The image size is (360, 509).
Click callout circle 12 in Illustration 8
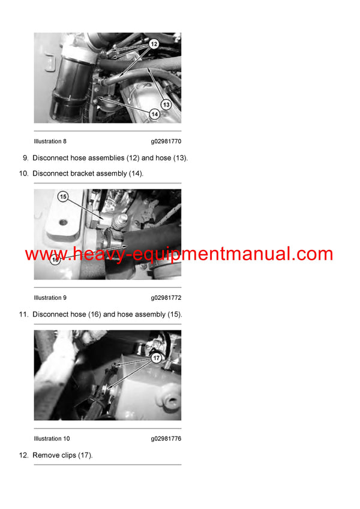(x=154, y=44)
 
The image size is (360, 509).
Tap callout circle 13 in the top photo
(x=166, y=104)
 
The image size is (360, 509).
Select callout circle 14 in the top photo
(x=154, y=113)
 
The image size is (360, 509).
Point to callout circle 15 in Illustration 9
(x=63, y=197)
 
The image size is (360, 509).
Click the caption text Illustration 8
(x=50, y=141)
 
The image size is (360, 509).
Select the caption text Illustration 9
(x=50, y=297)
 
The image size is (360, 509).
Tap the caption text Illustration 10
(x=52, y=439)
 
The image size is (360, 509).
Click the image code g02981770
(x=166, y=141)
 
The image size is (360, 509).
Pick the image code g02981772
(x=166, y=297)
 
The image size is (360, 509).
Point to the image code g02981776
(x=166, y=439)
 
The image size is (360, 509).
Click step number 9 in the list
(x=25, y=158)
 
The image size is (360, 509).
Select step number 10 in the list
(x=23, y=173)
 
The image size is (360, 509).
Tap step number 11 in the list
(x=23, y=314)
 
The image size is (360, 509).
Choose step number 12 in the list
(x=23, y=456)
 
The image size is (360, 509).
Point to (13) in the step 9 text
(x=179, y=158)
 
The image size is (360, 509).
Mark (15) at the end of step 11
(x=174, y=314)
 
